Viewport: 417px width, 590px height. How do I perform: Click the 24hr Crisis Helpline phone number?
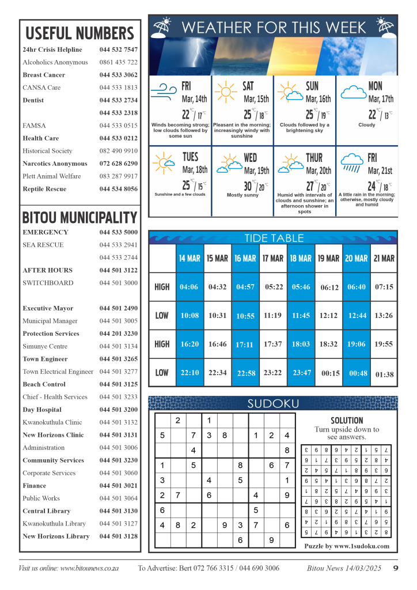(118, 50)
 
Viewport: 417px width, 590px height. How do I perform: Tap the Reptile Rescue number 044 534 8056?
(118, 189)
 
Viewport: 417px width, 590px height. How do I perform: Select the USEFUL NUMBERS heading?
(79, 33)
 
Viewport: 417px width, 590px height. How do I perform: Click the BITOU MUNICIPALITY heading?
(79, 218)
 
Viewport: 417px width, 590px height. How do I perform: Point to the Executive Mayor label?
(48, 308)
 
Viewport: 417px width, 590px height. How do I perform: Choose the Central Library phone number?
(118, 511)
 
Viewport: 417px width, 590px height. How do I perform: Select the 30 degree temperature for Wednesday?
(248, 187)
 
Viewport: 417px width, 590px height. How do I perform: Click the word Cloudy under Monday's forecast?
(366, 124)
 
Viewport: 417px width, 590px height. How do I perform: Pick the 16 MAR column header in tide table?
(245, 259)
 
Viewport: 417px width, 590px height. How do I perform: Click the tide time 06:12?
(329, 288)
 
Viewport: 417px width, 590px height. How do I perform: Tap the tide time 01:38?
(384, 374)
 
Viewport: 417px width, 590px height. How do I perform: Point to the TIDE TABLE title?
(272, 238)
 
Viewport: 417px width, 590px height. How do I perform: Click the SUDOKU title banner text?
(272, 403)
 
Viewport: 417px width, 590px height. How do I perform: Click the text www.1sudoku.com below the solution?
(361, 546)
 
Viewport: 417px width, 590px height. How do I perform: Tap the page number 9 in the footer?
(396, 568)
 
